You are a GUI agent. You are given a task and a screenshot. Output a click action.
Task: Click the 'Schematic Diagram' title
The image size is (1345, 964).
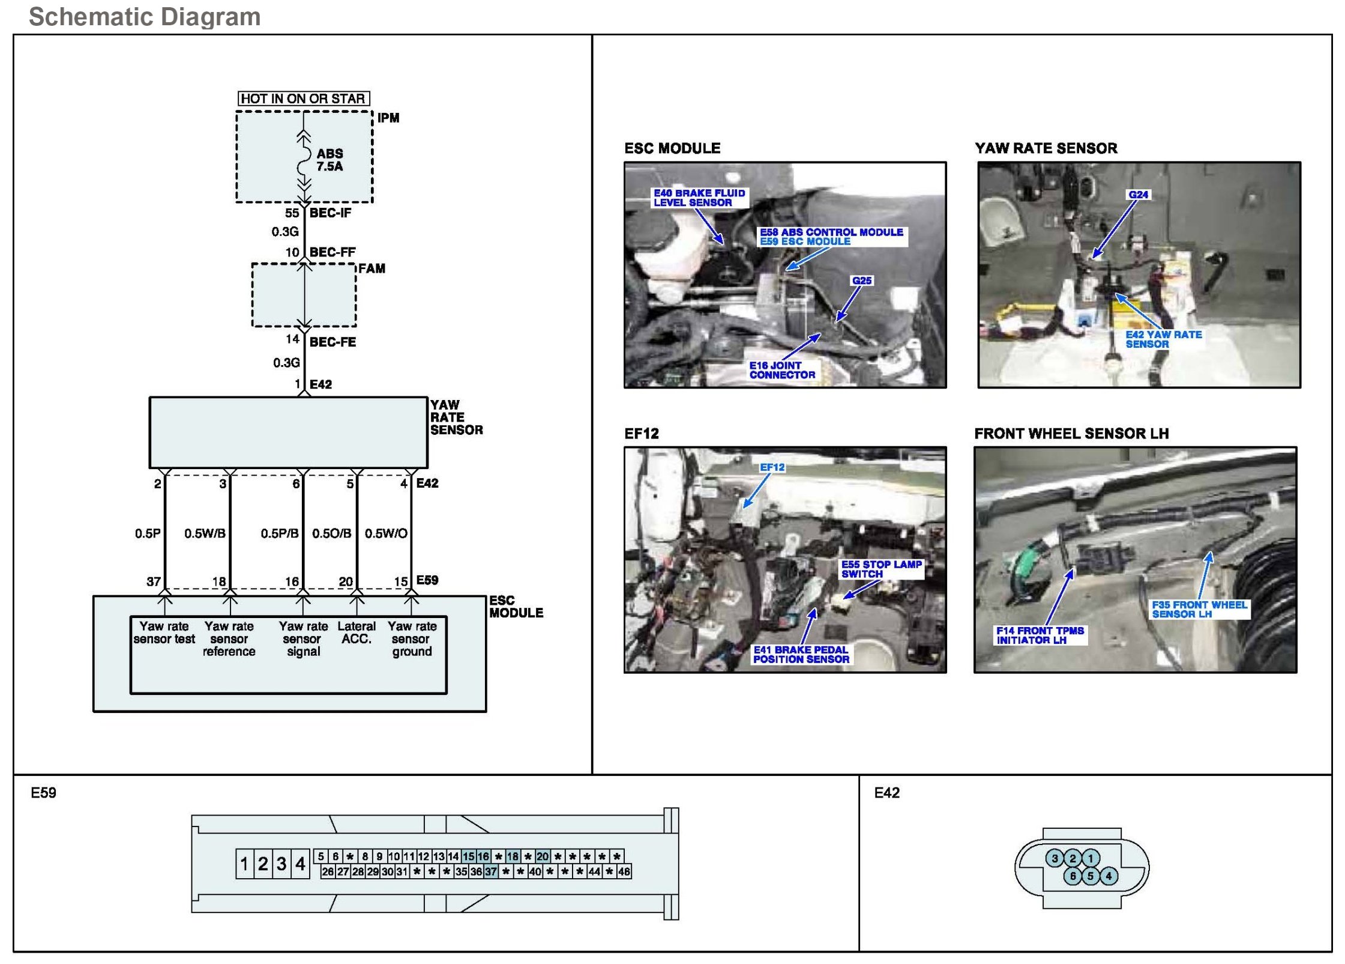(x=145, y=17)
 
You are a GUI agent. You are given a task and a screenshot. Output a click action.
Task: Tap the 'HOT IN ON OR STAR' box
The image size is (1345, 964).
(x=303, y=99)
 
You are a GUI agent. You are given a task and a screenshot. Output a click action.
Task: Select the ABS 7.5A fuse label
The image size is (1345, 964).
(x=329, y=160)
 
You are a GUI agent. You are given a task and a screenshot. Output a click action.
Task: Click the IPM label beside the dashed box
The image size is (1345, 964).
(x=388, y=118)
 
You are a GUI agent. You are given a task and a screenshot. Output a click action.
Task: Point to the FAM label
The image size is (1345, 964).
(x=372, y=268)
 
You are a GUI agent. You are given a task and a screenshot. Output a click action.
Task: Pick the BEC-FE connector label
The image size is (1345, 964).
(x=332, y=342)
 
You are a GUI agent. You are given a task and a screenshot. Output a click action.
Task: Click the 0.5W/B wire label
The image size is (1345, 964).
(x=205, y=533)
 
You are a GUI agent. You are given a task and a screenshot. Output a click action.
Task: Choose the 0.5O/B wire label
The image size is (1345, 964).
(x=331, y=533)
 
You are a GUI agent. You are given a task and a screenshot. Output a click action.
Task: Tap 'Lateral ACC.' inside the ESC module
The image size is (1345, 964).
(x=357, y=632)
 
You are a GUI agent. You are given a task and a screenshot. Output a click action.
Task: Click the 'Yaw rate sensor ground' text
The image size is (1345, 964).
(x=412, y=638)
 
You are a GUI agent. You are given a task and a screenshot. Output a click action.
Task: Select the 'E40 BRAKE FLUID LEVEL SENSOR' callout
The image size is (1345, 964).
(x=699, y=198)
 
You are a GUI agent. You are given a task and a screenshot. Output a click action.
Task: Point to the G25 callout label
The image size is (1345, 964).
(x=861, y=280)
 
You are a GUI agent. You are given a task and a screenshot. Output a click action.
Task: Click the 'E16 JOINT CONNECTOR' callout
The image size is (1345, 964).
(x=782, y=370)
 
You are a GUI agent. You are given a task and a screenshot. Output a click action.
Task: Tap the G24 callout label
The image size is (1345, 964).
(x=1138, y=195)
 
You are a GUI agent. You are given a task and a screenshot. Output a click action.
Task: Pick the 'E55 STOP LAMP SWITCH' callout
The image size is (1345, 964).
(x=881, y=569)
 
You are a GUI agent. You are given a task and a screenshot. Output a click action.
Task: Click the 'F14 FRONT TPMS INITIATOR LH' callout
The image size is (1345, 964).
(x=1040, y=635)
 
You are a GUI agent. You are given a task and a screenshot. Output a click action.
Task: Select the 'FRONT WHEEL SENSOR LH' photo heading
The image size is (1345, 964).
(x=1071, y=434)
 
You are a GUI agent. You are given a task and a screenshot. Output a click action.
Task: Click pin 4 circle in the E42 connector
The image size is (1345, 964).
(x=1109, y=876)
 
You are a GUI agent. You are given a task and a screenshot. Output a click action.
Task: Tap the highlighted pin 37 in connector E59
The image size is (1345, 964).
(x=491, y=872)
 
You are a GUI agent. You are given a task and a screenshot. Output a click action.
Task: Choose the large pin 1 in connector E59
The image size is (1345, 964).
(x=244, y=864)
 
